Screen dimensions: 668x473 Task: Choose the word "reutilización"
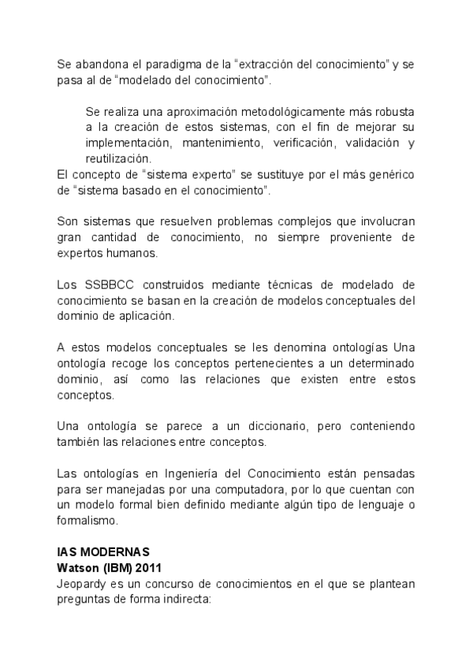(x=117, y=158)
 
